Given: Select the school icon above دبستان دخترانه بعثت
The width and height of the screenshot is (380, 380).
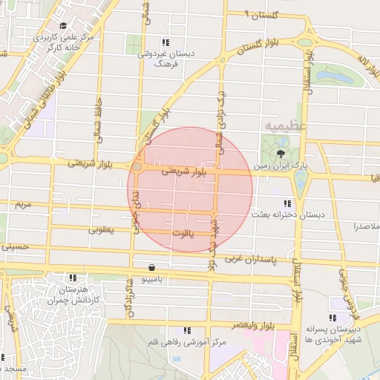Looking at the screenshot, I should pyautogui.click(x=286, y=203).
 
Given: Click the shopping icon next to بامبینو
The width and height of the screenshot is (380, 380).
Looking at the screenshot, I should pyautogui.click(x=152, y=267).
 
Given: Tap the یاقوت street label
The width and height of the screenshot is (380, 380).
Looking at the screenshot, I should pyautogui.click(x=181, y=234).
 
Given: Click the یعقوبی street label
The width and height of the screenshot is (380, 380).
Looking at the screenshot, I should pyautogui.click(x=102, y=229).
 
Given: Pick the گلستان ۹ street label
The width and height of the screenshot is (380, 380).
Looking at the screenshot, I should pyautogui.click(x=263, y=15).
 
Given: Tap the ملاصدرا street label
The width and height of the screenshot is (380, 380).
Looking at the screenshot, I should pyautogui.click(x=367, y=224).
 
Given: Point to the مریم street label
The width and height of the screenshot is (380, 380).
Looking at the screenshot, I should pyautogui.click(x=23, y=203).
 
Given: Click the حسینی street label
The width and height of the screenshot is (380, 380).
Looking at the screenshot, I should pyautogui.click(x=15, y=246).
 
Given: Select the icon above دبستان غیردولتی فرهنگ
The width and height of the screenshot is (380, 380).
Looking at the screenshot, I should pyautogui.click(x=166, y=42).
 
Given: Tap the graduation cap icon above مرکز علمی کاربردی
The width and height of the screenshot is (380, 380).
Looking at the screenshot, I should pyautogui.click(x=62, y=26).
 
